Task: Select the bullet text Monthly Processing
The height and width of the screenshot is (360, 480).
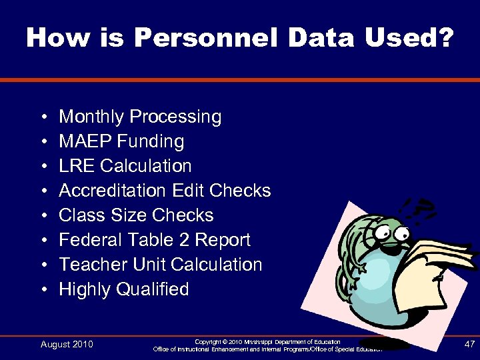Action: (x=140, y=117)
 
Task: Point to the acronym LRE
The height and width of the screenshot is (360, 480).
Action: (x=75, y=166)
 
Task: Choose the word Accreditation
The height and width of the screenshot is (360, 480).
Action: (x=113, y=191)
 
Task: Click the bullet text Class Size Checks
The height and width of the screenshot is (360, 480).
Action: (x=136, y=215)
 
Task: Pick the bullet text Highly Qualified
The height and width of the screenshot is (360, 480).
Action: (x=124, y=289)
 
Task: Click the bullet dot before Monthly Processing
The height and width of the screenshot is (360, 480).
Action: (x=43, y=117)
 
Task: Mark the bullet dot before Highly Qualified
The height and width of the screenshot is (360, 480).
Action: (x=43, y=290)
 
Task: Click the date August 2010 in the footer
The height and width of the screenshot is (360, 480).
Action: (x=67, y=344)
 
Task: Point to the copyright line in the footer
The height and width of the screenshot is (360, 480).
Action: (x=267, y=341)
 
